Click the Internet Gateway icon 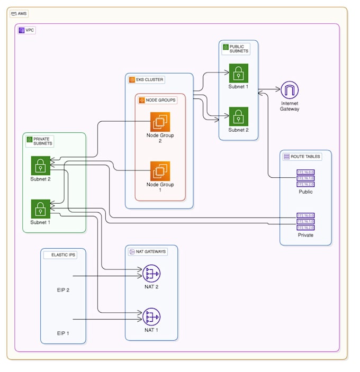290,90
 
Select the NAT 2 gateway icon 151,273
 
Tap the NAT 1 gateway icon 151,316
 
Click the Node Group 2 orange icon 160,122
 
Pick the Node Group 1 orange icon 160,171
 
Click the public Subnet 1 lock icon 238,73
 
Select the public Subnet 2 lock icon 238,116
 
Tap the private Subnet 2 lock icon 40,166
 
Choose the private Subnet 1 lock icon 40,209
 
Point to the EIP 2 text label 64,290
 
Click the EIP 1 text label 64,333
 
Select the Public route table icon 305,178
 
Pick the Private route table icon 305,221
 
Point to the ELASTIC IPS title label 64,255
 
